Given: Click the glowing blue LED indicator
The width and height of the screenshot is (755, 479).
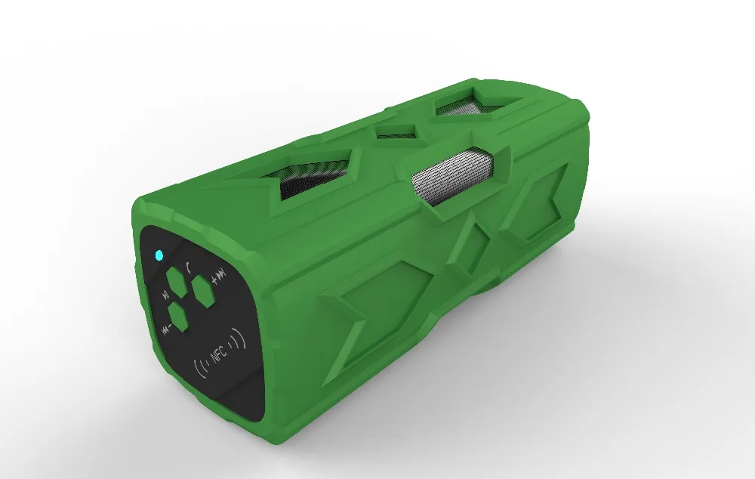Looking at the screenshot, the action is pos(159,255).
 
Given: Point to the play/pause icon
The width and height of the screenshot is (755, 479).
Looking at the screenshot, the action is pos(165,294).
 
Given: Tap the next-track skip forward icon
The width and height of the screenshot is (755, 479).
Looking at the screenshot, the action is pos(221,275).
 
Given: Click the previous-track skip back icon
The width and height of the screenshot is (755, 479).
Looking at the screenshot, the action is pos(165,330).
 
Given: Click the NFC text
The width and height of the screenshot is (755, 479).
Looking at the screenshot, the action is pos(219,356).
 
